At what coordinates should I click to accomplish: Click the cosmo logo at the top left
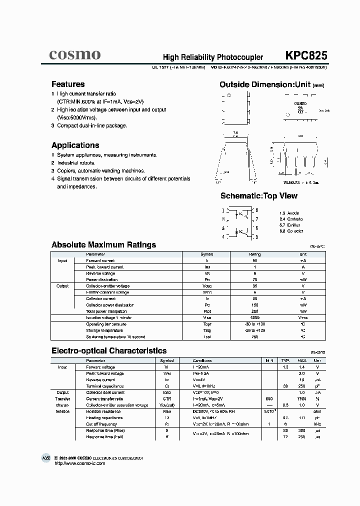point(75,54)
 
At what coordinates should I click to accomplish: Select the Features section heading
point(68,84)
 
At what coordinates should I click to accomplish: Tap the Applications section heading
point(75,145)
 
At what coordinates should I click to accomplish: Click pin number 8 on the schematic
point(256,210)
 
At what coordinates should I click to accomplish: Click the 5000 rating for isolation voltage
point(255,317)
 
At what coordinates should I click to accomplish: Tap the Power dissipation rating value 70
point(255,280)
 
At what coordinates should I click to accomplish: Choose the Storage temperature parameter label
point(104,330)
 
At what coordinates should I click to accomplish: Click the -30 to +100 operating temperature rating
point(255,324)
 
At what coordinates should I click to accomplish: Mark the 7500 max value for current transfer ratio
point(302,399)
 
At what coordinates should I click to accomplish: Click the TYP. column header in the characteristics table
point(285,360)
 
